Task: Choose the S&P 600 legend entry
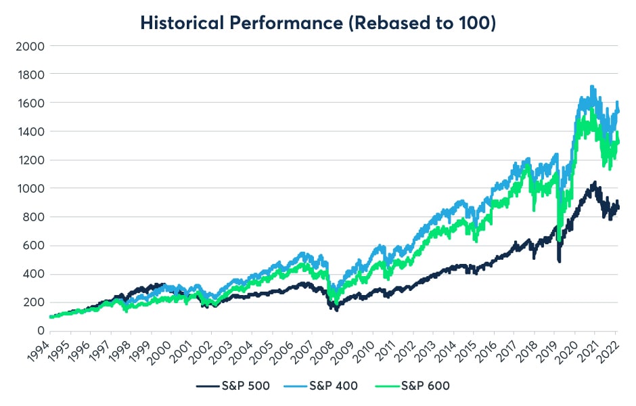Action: [x=414, y=386]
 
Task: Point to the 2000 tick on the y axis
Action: [x=27, y=46]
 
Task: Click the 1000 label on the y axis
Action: [x=27, y=188]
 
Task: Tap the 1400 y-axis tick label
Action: [x=27, y=131]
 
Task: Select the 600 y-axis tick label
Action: [x=30, y=246]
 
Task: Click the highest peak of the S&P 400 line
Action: [x=593, y=87]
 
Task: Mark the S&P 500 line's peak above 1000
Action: [x=594, y=182]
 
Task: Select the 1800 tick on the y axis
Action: [x=27, y=74]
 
